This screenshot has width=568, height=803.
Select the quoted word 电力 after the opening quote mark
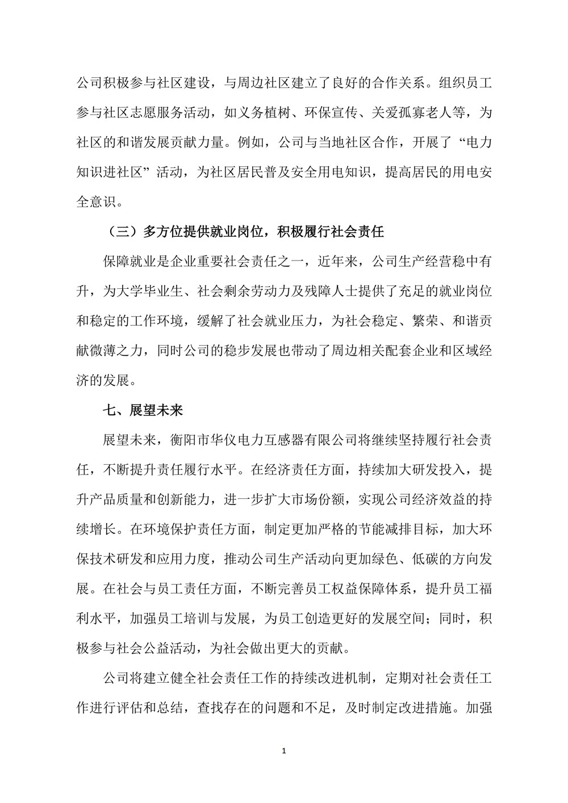477,143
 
